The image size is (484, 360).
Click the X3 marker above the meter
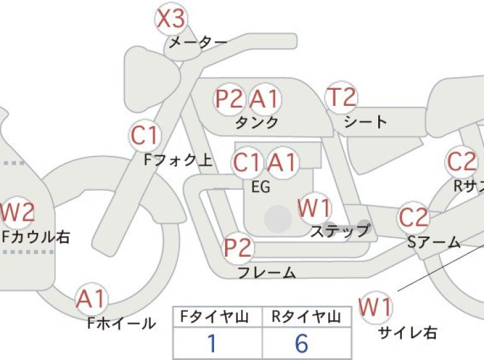[x=171, y=19]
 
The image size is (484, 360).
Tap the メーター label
[x=198, y=42]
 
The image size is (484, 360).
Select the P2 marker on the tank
[x=229, y=99]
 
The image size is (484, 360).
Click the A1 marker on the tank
[x=265, y=99]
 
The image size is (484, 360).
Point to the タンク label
[x=257, y=123]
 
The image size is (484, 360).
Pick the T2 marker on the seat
[x=342, y=97]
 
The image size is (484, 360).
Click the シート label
[x=365, y=122]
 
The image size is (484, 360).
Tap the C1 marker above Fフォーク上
[x=145, y=135]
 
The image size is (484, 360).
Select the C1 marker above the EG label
[x=247, y=162]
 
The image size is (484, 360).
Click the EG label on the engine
[x=261, y=187]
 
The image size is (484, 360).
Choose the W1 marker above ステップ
[x=314, y=208]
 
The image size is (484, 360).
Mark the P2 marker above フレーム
[x=238, y=248]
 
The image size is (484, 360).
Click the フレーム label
[x=267, y=273]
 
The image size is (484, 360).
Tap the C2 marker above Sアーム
[x=413, y=218]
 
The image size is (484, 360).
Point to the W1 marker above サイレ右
[x=376, y=307]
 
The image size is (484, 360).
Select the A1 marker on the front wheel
[x=92, y=299]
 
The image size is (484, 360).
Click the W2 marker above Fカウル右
[x=17, y=212]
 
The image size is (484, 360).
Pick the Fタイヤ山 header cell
[x=217, y=316]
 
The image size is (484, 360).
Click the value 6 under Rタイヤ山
[x=301, y=343]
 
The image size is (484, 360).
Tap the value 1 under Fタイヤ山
[x=212, y=343]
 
